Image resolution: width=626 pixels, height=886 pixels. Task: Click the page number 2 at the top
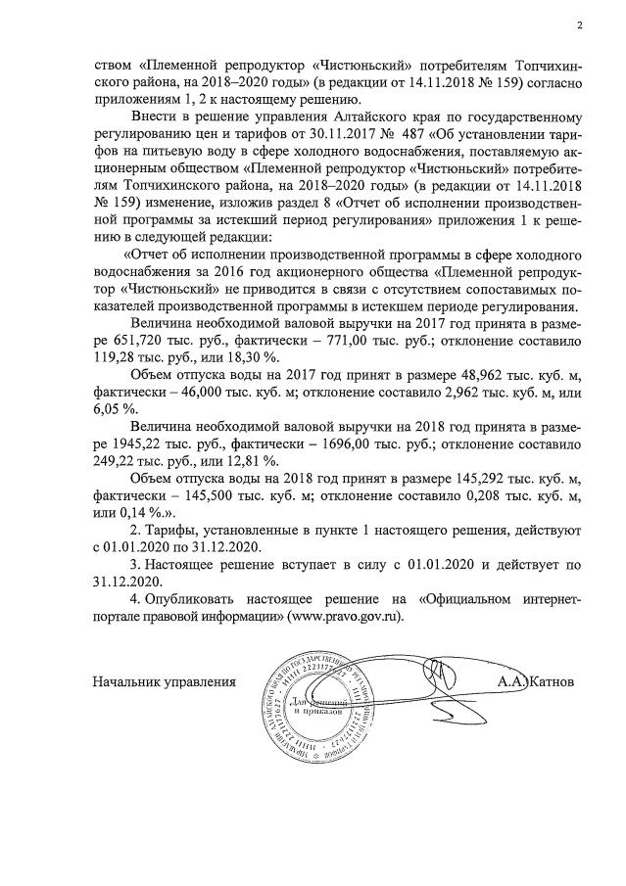[x=580, y=26]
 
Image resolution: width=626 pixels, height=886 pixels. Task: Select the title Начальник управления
[x=165, y=680]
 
